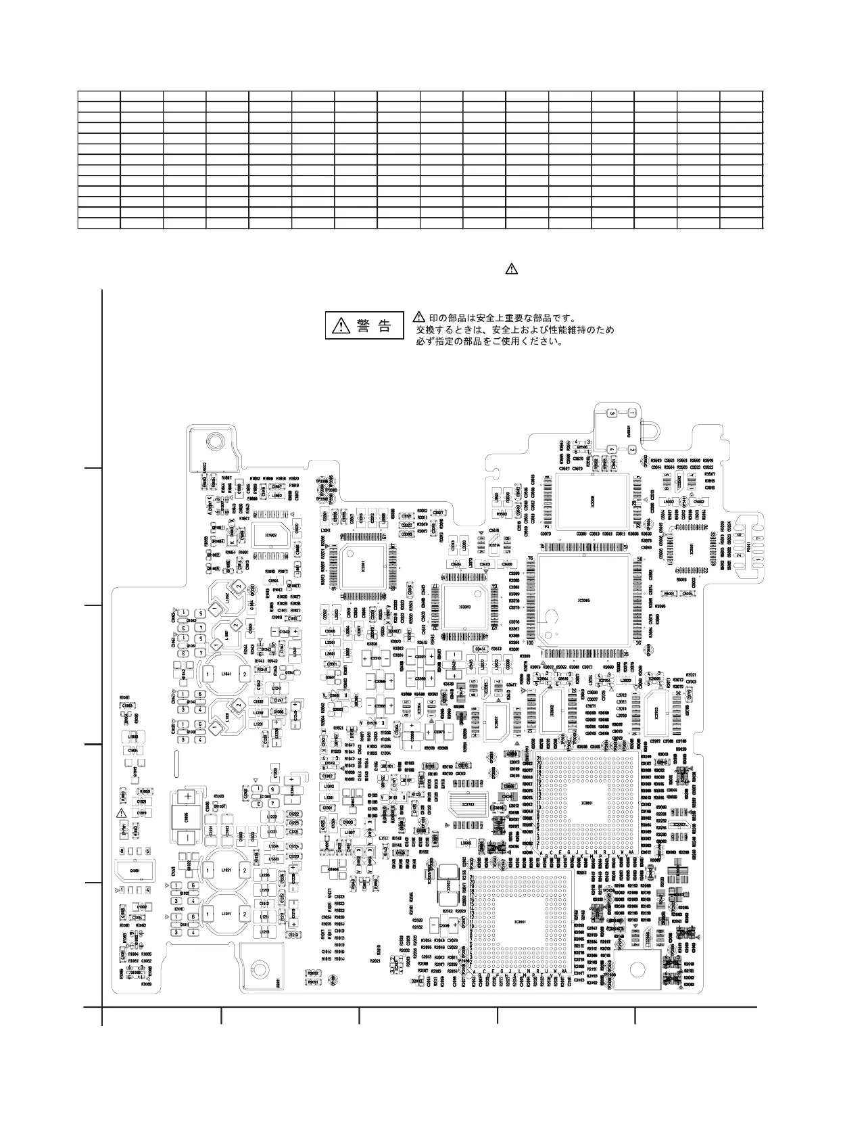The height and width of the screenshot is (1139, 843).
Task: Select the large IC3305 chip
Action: pyautogui.click(x=583, y=600)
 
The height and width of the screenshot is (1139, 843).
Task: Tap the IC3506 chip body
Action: pyautogui.click(x=593, y=501)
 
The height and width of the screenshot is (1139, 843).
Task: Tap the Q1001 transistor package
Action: pyautogui.click(x=135, y=870)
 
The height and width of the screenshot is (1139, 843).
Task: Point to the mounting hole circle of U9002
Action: pyautogui.click(x=214, y=442)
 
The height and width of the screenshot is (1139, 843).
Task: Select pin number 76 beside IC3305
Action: pyautogui.click(x=531, y=558)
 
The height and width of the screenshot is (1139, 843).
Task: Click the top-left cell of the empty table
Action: pyautogui.click(x=99, y=95)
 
